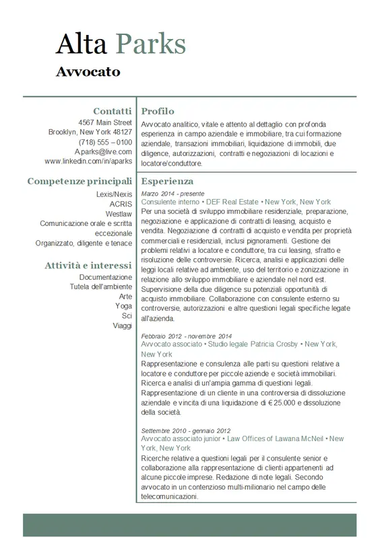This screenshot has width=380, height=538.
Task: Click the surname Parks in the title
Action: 151,44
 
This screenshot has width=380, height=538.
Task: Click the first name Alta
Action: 81,44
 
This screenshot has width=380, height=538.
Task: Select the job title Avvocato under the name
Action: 88,71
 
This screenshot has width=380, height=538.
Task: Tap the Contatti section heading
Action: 113,110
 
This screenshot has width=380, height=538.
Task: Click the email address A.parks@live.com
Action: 103,152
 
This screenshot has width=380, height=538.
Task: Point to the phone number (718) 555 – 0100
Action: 105,143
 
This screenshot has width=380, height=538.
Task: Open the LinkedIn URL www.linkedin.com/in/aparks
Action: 88,162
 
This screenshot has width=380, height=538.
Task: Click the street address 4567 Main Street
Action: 105,123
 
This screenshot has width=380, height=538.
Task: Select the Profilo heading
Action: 158,111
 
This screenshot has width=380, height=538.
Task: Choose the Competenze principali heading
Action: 80,181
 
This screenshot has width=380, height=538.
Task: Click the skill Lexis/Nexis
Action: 114,194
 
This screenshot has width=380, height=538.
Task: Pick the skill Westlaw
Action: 119,214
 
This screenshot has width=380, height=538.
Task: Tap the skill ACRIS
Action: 121,204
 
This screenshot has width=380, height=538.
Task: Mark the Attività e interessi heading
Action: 88,265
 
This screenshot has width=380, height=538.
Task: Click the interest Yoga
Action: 123,306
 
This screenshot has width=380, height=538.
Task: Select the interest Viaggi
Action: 123,325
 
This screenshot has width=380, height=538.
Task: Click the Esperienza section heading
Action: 167,181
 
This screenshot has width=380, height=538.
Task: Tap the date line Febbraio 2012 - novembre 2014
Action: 186,336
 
